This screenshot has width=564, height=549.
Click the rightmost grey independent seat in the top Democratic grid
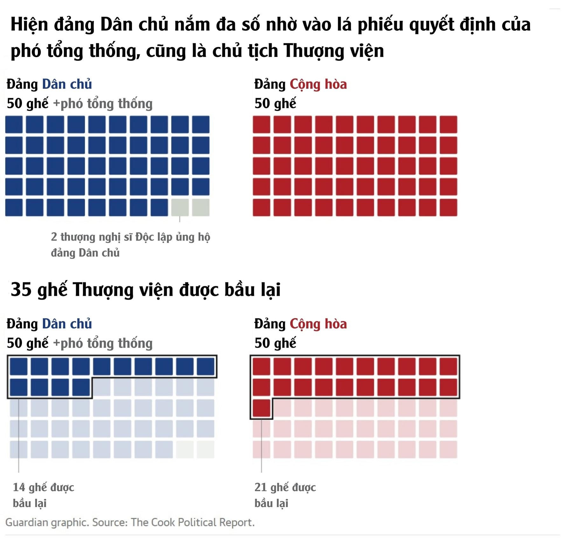[x=201, y=207]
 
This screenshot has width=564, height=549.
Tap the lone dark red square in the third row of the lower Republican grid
[x=261, y=408]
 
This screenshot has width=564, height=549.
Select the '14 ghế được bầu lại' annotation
[x=43, y=495]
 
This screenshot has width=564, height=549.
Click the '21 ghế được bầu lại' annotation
[x=285, y=495]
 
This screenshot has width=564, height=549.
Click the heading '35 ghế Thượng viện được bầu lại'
[x=146, y=289]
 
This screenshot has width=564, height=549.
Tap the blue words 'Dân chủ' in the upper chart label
[x=67, y=84]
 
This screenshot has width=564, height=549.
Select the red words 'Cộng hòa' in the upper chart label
[x=318, y=84]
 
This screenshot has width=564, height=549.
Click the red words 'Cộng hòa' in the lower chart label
[x=318, y=324]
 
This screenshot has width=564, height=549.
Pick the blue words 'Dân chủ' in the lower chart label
[x=67, y=324]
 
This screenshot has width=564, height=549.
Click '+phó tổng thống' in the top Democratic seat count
[x=103, y=104]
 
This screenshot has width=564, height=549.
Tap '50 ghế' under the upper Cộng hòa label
[x=275, y=104]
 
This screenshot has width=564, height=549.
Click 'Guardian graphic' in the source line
[x=47, y=523]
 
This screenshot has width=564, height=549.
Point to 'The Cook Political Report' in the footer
[x=192, y=523]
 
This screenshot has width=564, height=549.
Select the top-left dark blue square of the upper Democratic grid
[x=14, y=124]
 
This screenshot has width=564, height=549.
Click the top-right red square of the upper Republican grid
[x=449, y=124]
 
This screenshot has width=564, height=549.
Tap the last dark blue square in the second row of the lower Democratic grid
[x=81, y=387]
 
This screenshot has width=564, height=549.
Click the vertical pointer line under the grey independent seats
[x=180, y=219]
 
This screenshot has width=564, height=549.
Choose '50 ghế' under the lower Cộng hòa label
[x=275, y=343]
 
